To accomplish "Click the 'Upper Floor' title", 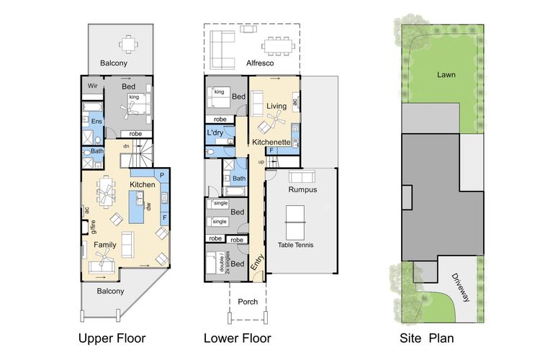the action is pyautogui.click(x=112, y=338).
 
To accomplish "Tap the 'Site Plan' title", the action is pyautogui.click(x=426, y=338).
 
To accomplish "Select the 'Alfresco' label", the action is pyautogui.click(x=260, y=63).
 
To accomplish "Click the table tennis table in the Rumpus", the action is pyautogui.click(x=295, y=222).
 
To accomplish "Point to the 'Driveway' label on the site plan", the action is pyautogui.click(x=461, y=287).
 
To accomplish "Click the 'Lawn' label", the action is pyautogui.click(x=446, y=75).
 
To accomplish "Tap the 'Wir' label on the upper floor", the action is pyautogui.click(x=92, y=86).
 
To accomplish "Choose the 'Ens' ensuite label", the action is pyautogui.click(x=96, y=121).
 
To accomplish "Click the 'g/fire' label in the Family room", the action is pyautogui.click(x=93, y=227).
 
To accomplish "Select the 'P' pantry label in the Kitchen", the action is pyautogui.click(x=162, y=176).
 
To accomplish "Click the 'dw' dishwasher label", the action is pyautogui.click(x=148, y=207).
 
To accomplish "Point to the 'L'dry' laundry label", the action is pyautogui.click(x=215, y=132).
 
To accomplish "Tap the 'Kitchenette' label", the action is pyautogui.click(x=271, y=142).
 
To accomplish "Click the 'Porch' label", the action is pyautogui.click(x=248, y=302).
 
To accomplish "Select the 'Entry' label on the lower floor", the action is pyautogui.click(x=257, y=262).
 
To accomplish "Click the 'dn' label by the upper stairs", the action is pyautogui.click(x=127, y=146).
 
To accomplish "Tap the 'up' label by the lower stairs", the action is pyautogui.click(x=261, y=162).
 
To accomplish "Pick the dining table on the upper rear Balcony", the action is pyautogui.click(x=128, y=45).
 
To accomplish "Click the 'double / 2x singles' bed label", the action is pyautogui.click(x=224, y=263).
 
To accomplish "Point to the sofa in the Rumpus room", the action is pyautogui.click(x=302, y=176).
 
